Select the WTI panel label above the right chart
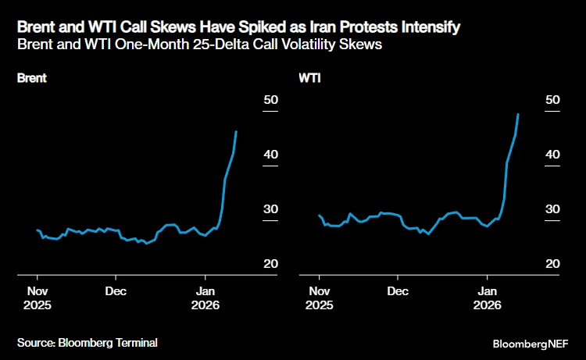pos(309,78)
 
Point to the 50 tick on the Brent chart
pos(270,100)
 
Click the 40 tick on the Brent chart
pos(270,155)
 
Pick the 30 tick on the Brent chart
pos(270,209)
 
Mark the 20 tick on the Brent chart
pos(270,264)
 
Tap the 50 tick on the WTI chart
pos(552,100)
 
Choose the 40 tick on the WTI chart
pos(552,155)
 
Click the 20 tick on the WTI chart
pos(552,264)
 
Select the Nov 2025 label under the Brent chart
pos(38,298)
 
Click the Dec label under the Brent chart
pos(116,291)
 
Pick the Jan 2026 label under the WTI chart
pos(488,298)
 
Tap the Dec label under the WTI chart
pos(398,291)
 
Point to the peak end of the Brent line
pos(237,131)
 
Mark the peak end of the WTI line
pos(519,114)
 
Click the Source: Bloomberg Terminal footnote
pos(88,342)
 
